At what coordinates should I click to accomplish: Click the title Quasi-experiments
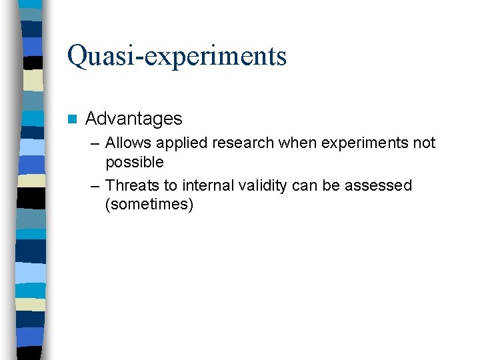point(177,56)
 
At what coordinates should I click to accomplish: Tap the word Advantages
point(133,119)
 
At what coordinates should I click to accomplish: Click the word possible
point(134,162)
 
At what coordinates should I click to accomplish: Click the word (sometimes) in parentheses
point(149,205)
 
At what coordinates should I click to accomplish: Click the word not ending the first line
point(424,143)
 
